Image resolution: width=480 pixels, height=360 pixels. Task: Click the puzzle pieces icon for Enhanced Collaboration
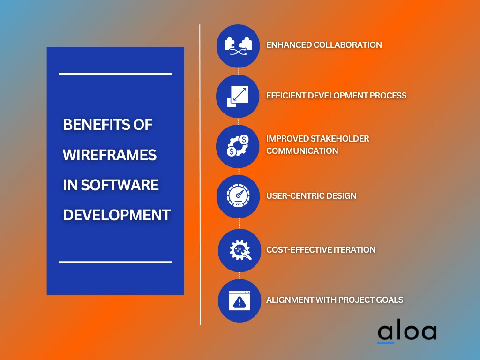[238, 46]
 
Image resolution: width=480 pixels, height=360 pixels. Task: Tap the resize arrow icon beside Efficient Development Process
[238, 96]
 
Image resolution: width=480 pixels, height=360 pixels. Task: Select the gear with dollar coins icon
[238, 146]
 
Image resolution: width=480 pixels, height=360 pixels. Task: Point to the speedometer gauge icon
[238, 196]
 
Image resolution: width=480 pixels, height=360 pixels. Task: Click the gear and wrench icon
[240, 250]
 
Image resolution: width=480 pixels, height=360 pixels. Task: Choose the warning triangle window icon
[240, 300]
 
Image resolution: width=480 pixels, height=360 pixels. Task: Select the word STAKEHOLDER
[340, 139]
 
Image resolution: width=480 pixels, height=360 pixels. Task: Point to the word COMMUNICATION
[302, 151]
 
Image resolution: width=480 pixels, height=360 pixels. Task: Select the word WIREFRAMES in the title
[110, 155]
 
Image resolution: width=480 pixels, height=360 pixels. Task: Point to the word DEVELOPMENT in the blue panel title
[116, 215]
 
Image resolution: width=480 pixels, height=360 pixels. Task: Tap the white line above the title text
[115, 74]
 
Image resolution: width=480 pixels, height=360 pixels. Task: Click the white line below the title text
[115, 262]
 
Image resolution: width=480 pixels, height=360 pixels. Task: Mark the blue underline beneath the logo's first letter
[386, 343]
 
